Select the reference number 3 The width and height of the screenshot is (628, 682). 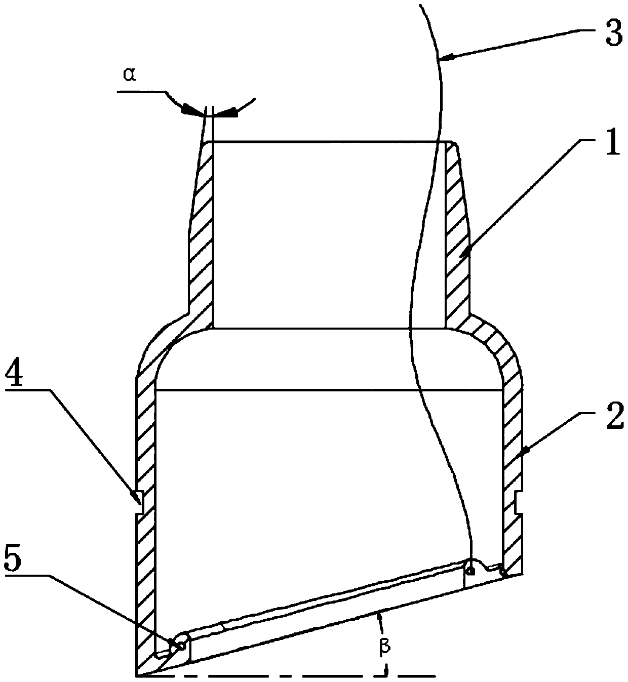[x=613, y=36]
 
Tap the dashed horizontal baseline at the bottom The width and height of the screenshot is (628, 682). [x=284, y=675]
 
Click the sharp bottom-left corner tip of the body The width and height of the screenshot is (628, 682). [x=137, y=675]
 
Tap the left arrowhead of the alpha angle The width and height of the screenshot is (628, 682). [x=190, y=109]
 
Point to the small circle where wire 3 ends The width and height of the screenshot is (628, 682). [x=470, y=572]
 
